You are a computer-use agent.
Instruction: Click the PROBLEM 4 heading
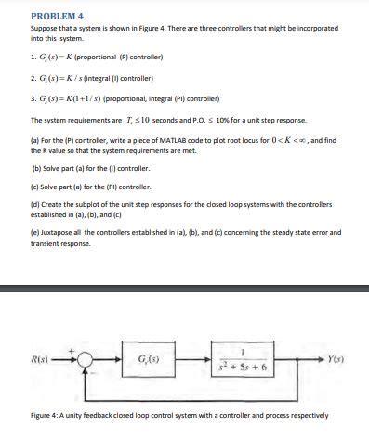point(58,17)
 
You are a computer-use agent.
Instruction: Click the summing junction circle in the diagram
point(86,361)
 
